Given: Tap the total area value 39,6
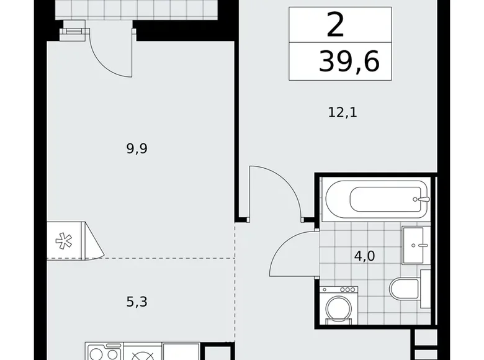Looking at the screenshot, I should tap(349, 62).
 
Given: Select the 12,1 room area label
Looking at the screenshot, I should tap(343, 113).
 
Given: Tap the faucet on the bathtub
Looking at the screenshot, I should tap(423, 200).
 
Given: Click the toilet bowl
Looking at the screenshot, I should tap(403, 288).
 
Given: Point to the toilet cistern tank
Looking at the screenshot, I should tap(426, 287).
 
